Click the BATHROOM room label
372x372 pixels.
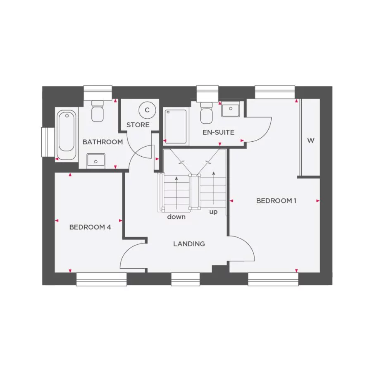tap(103, 142)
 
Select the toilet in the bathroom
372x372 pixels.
tap(98, 112)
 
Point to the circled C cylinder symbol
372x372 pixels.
tap(146, 110)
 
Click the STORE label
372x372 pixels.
tap(138, 125)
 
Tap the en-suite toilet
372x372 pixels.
tap(206, 112)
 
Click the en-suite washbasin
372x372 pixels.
tap(231, 110)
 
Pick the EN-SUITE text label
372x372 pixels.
tap(218, 132)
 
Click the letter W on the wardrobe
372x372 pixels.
tap(310, 141)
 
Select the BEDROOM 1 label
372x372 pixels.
tap(277, 201)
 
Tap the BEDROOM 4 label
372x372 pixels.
tap(90, 227)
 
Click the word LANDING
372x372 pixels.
tap(189, 244)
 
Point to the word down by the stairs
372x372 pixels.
tap(176, 217)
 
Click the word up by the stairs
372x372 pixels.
tap(213, 212)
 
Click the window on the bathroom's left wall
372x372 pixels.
tap(48, 142)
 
